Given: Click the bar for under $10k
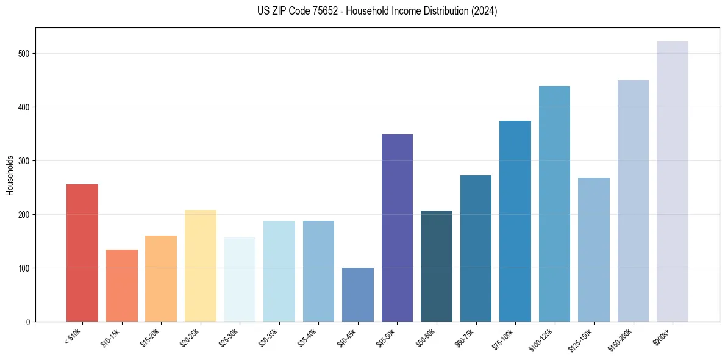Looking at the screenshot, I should tap(82, 253).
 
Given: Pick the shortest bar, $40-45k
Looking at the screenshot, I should tap(358, 295).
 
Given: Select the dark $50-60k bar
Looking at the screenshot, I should tap(437, 266).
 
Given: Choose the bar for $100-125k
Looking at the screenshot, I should tap(554, 204).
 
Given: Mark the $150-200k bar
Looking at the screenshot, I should tap(633, 201).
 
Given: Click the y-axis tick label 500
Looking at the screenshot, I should tap(24, 54).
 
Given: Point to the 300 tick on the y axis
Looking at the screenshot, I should tap(24, 161).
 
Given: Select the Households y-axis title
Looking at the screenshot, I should tap(10, 175).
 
